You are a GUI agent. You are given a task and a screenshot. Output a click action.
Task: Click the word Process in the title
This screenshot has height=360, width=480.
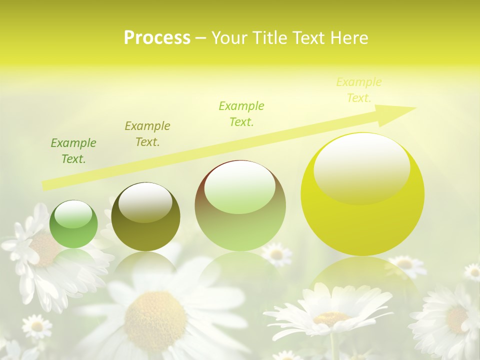(157, 38)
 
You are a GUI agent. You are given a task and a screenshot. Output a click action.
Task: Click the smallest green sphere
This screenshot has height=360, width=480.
(74, 224)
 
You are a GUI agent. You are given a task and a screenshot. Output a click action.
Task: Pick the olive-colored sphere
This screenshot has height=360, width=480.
(145, 217)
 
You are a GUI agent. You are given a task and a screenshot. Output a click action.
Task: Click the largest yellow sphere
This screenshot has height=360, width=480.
(362, 195)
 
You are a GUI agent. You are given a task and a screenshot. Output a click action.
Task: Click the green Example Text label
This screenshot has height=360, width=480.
(73, 151)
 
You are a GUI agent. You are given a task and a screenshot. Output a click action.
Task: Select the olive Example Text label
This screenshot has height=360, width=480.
(147, 133)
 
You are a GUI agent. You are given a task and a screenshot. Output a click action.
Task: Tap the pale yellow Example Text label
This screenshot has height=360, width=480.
(358, 90)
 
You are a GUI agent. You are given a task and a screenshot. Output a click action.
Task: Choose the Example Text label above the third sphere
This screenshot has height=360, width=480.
(241, 113)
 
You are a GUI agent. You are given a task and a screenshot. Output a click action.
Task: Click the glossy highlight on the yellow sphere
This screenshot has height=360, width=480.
(362, 167)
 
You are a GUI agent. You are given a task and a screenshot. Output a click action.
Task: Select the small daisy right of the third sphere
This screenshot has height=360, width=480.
(276, 254)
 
